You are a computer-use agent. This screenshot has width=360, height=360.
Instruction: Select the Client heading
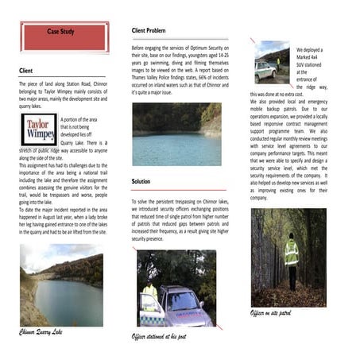click(26, 71)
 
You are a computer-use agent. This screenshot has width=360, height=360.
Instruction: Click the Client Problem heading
click(149, 30)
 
